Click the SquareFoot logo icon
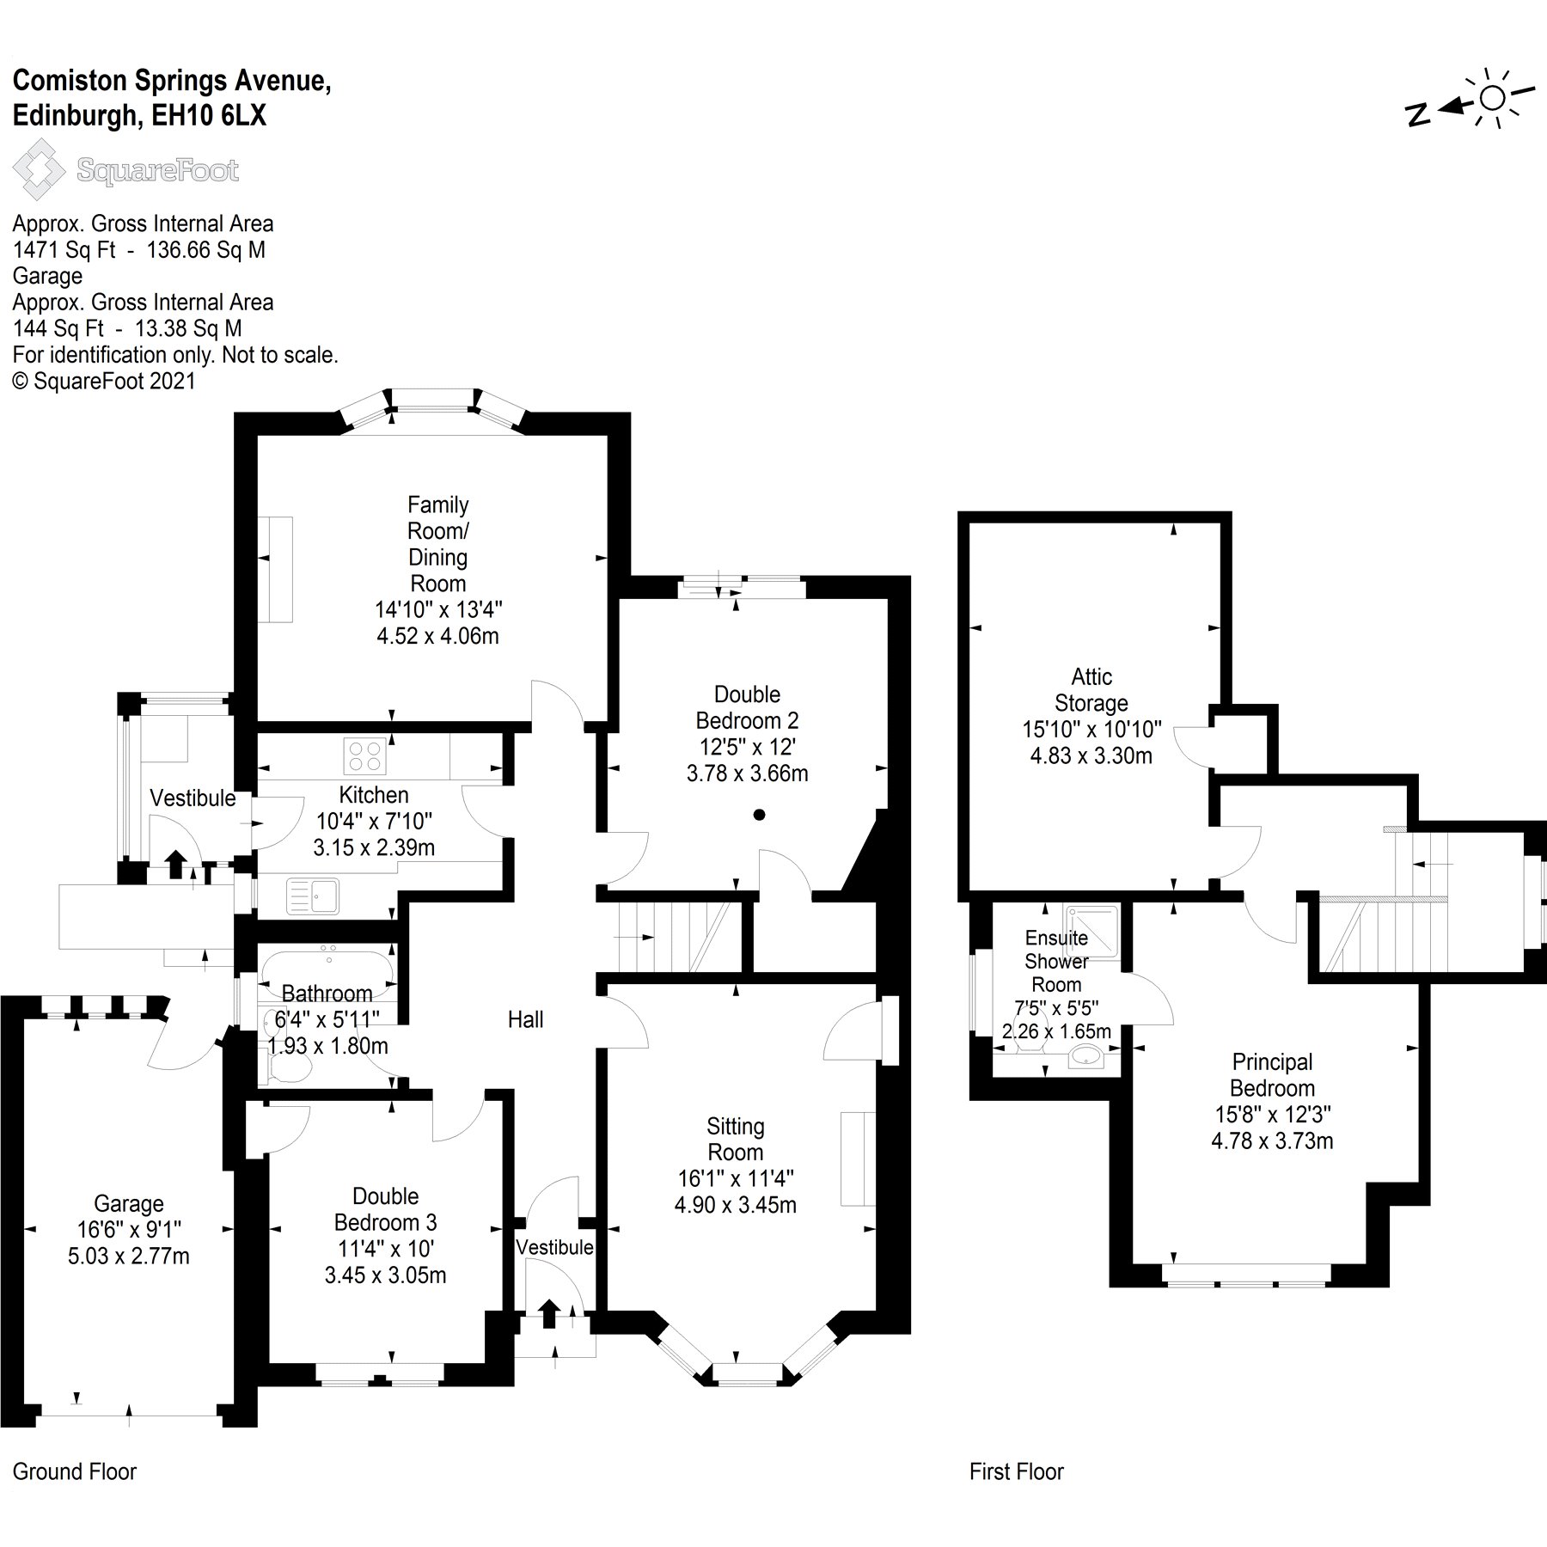(40, 170)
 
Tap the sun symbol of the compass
(1492, 99)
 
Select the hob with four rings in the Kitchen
(364, 756)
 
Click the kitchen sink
(314, 896)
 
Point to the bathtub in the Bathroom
(327, 967)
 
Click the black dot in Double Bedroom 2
(759, 815)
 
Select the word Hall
(525, 1019)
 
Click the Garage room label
(129, 1204)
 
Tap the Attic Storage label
(1091, 689)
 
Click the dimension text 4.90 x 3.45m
(735, 1205)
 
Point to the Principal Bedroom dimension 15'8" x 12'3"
(1272, 1115)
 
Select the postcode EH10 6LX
(210, 116)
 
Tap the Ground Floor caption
(75, 1471)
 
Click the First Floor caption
(1017, 1471)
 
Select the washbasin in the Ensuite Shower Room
(1087, 1056)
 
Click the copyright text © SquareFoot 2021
(105, 381)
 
